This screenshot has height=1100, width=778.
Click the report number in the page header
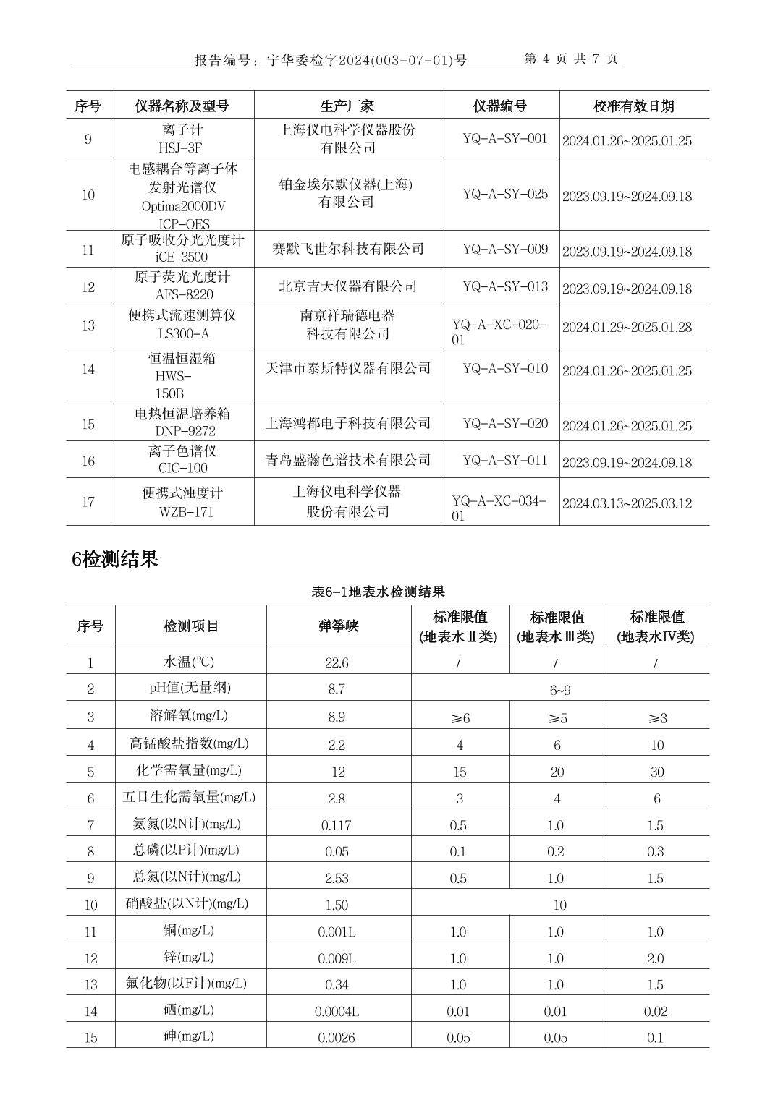click(331, 60)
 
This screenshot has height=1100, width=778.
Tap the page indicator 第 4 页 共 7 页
click(571, 59)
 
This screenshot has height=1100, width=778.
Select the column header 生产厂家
click(347, 106)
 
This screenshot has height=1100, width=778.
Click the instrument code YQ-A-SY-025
click(505, 195)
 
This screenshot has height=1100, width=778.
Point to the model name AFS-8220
click(185, 294)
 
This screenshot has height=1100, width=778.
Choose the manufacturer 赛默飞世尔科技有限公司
click(347, 249)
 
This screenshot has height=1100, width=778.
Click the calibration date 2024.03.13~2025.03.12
click(627, 503)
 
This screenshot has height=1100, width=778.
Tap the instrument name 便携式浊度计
click(182, 493)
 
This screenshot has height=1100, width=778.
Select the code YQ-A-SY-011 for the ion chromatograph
click(505, 461)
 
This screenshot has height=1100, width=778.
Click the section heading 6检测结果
click(115, 559)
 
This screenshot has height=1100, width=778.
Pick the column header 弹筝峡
click(338, 626)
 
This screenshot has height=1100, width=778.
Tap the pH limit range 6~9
click(559, 690)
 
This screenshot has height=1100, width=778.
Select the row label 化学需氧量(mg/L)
click(189, 770)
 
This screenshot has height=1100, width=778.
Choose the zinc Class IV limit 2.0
click(655, 958)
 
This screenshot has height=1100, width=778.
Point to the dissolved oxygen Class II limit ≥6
click(460, 718)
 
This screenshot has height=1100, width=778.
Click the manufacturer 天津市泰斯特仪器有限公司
click(347, 368)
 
